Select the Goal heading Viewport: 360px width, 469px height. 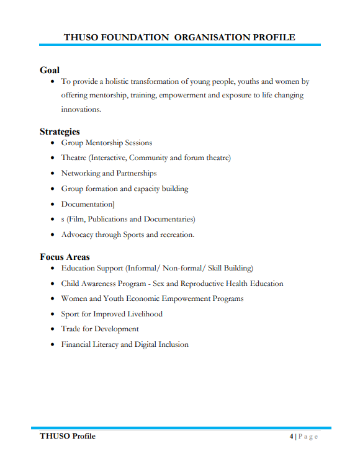click(x=50, y=70)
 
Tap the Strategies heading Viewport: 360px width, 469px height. click(x=60, y=132)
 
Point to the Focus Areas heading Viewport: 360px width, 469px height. click(x=65, y=257)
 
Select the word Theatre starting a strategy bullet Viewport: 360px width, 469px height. click(x=74, y=158)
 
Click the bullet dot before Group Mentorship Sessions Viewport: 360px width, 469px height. click(x=52, y=143)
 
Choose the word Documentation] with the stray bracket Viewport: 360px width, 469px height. click(x=88, y=204)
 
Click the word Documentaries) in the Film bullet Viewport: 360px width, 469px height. click(x=169, y=219)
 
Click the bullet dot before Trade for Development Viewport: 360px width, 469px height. click(x=52, y=329)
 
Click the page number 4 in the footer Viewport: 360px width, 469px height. click(x=292, y=437)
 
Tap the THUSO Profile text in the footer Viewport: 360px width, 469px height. click(x=68, y=437)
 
